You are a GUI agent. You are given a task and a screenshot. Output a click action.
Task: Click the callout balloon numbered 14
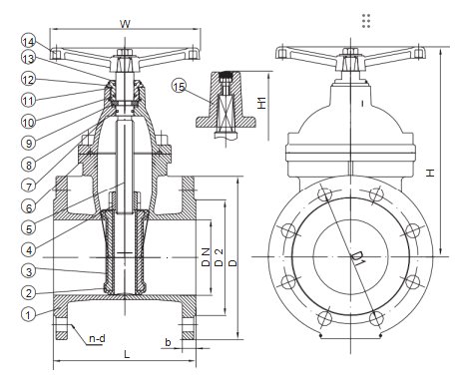28,42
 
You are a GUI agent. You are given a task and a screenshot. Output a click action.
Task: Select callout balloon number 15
179,87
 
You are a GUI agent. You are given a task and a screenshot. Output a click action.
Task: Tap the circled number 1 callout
28,314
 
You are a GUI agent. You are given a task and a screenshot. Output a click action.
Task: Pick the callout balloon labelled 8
29,165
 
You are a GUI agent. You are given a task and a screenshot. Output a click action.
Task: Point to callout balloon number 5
29,228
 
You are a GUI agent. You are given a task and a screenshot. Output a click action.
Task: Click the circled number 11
28,101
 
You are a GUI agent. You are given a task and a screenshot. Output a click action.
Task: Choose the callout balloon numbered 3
29,271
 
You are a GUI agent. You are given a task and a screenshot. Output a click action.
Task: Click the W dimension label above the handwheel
125,24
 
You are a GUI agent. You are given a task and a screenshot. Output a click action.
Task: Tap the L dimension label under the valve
127,354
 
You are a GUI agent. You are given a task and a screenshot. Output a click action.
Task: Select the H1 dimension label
262,103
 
